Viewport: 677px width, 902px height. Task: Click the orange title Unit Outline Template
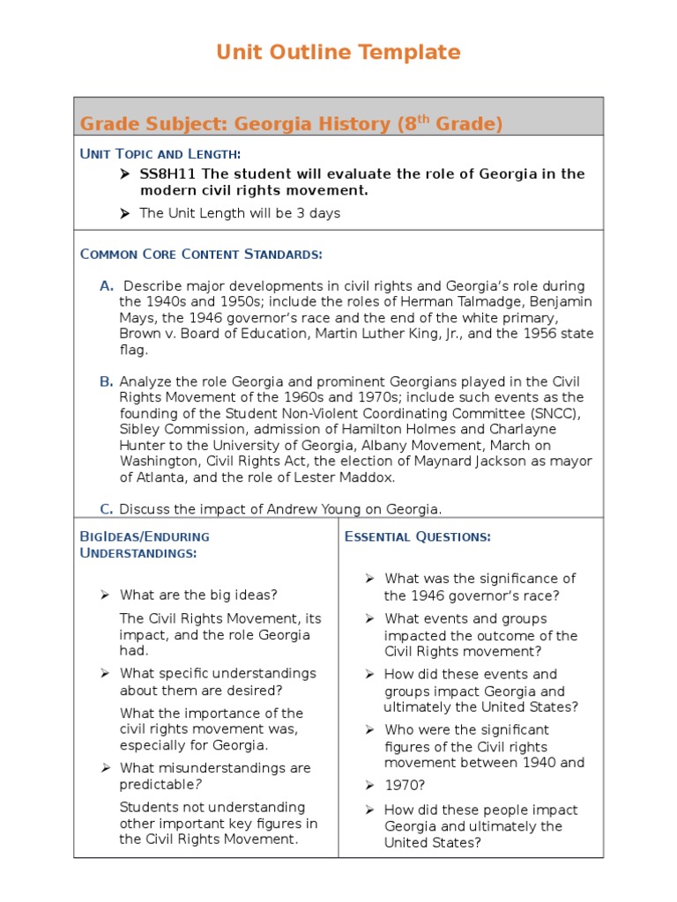pos(338,53)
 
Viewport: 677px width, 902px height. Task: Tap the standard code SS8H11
pos(169,174)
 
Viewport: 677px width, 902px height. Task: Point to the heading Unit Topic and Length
pos(160,154)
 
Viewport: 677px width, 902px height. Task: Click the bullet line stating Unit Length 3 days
pos(239,213)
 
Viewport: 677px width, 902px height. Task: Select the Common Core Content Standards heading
pos(201,255)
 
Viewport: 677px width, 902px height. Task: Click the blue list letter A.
pos(107,286)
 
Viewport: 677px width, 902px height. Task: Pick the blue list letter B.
pos(107,381)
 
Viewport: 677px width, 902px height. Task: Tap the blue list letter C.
pos(107,509)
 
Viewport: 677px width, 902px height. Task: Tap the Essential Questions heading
pos(418,536)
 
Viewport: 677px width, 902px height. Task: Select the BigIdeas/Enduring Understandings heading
pos(145,544)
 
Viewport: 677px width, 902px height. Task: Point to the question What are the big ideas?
pos(198,595)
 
